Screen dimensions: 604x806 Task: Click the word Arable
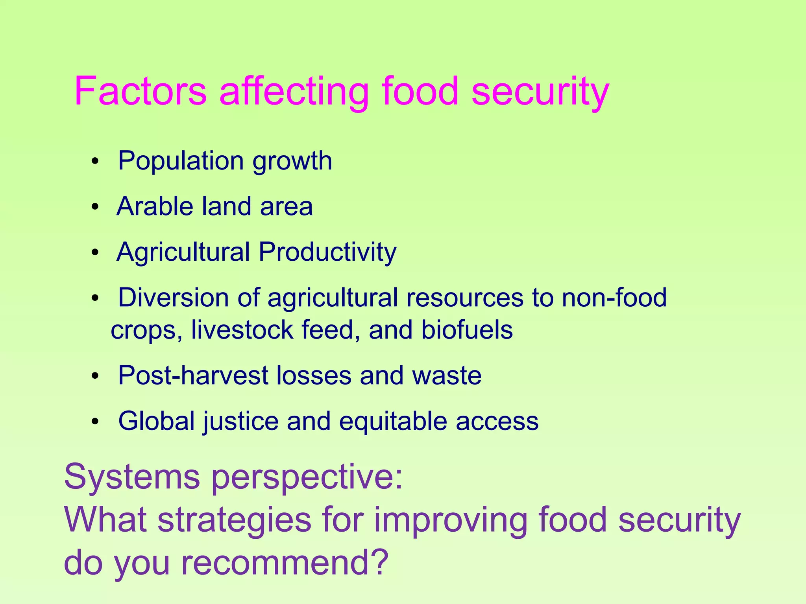point(155,206)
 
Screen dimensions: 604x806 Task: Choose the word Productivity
point(327,252)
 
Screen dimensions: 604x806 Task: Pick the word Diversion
point(173,297)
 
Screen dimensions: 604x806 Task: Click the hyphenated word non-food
point(614,297)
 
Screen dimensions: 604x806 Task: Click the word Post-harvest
point(193,376)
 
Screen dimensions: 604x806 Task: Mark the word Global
point(157,421)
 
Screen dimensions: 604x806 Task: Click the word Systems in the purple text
point(132,477)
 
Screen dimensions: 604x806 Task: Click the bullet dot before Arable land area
point(95,207)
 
